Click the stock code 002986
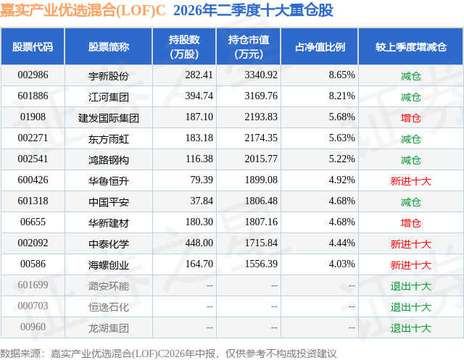33,75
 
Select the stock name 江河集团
109,97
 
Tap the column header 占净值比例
320,47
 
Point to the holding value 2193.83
261,117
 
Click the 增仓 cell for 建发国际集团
411,118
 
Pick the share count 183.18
199,138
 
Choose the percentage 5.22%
341,159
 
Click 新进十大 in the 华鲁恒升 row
411,181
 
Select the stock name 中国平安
109,202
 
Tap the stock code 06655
33,222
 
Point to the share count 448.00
199,243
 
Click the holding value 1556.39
261,264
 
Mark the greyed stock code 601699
33,285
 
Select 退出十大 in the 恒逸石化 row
411,307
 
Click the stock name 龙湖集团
109,328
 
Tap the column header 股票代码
33,47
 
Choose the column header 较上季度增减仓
411,47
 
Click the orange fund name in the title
83,10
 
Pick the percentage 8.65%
341,75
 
